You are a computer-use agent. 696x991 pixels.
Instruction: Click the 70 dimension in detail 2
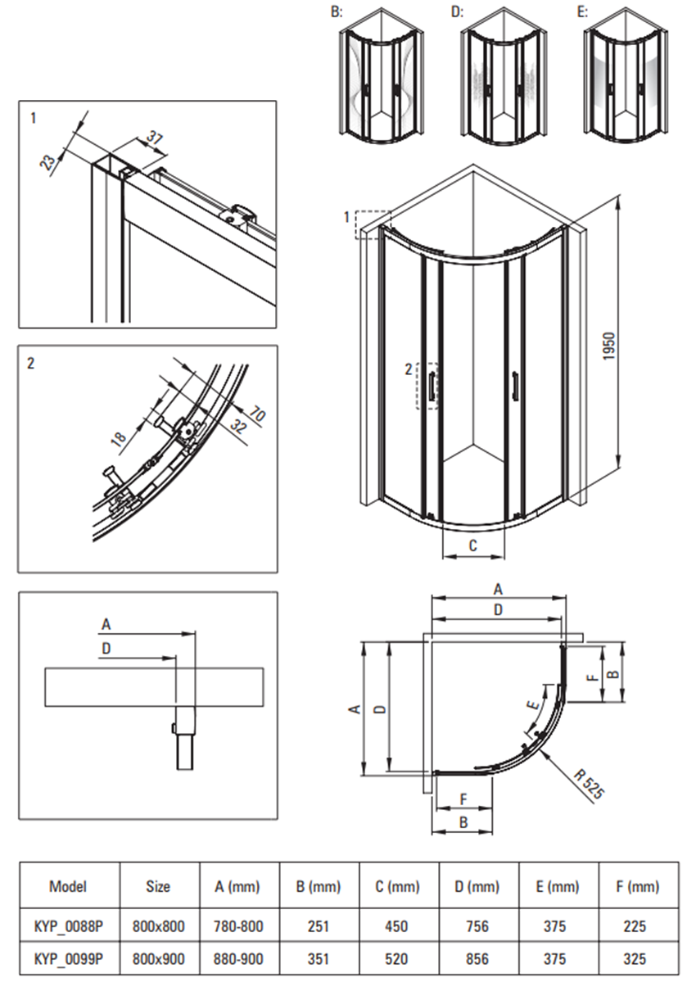256,415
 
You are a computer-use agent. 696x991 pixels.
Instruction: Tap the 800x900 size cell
158,957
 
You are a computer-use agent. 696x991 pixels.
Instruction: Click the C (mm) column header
398,886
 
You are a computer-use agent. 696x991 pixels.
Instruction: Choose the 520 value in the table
398,957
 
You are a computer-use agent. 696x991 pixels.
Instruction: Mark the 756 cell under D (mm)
477,926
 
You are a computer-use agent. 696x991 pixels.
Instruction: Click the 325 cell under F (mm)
635,957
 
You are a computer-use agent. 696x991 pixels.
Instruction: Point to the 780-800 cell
239,926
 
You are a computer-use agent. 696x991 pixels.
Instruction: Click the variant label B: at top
335,12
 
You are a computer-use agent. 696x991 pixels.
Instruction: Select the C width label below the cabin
472,545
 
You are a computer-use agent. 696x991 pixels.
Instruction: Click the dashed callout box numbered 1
373,224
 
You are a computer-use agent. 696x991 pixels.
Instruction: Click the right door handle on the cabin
514,386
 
